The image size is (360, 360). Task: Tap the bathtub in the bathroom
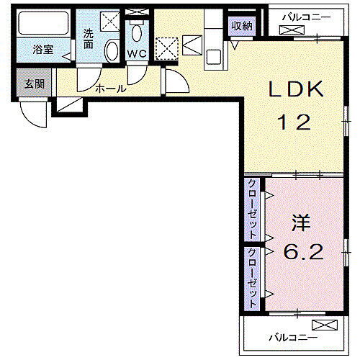[42, 26]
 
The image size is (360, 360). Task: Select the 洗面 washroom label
[88, 37]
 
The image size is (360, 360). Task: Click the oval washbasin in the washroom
[112, 52]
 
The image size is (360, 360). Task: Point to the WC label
[137, 53]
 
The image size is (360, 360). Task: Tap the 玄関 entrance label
[33, 84]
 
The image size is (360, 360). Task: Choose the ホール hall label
[111, 89]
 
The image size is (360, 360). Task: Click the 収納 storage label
[242, 26]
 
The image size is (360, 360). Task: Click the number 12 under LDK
[296, 122]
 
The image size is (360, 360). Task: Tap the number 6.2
[302, 253]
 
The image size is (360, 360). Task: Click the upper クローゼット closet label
[253, 209]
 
